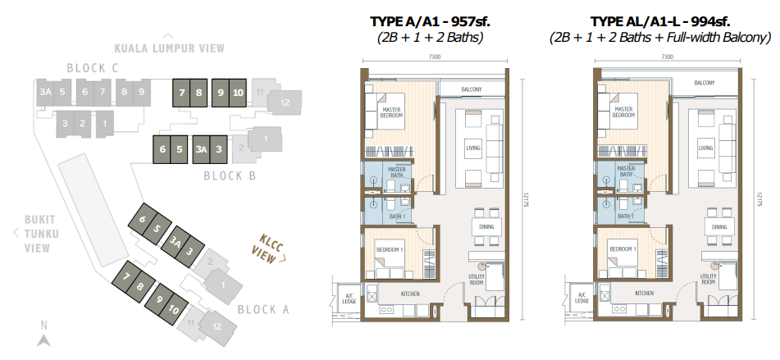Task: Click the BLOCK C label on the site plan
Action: point(93,68)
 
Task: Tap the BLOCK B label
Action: point(230,175)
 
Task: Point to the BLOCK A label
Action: point(263,309)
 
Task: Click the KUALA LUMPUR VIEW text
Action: point(170,48)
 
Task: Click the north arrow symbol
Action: point(43,340)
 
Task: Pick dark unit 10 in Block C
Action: point(238,93)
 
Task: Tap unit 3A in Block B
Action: point(201,150)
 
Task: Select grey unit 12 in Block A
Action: point(217,326)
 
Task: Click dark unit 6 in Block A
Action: point(142,218)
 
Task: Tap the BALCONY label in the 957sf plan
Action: point(472,89)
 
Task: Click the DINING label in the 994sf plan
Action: point(719,227)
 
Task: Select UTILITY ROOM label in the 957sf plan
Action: point(477,280)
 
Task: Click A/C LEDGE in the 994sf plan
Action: point(582,298)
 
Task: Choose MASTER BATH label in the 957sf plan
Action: point(398,172)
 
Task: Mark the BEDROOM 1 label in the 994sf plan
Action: point(623,249)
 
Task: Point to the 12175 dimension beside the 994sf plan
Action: point(759,199)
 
